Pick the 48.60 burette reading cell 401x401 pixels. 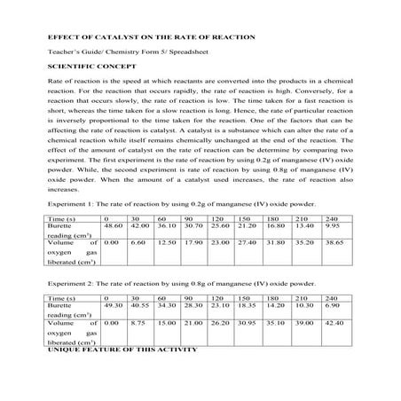[112, 226]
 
